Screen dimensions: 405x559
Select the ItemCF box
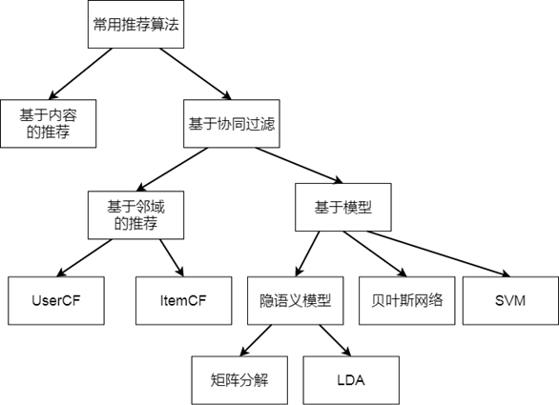[183, 301]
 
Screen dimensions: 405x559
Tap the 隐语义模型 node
[295, 301]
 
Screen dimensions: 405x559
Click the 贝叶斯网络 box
[406, 301]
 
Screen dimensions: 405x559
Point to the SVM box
[510, 301]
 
